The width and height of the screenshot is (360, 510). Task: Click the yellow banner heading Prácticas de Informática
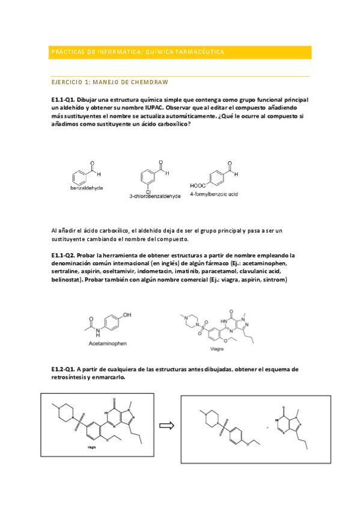pyautogui.click(x=138, y=52)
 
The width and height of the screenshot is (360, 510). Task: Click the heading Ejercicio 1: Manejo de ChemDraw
pyautogui.click(x=109, y=82)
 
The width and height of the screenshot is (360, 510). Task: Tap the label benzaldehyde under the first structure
pyautogui.click(x=86, y=188)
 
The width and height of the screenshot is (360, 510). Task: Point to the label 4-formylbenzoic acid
pyautogui.click(x=214, y=194)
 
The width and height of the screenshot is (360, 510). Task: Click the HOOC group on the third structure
pyautogui.click(x=198, y=186)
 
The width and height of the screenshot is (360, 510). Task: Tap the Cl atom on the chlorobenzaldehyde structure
pyautogui.click(x=148, y=191)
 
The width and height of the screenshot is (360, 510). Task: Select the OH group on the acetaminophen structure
pyautogui.click(x=127, y=314)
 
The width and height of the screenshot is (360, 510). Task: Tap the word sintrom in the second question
pyautogui.click(x=275, y=280)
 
